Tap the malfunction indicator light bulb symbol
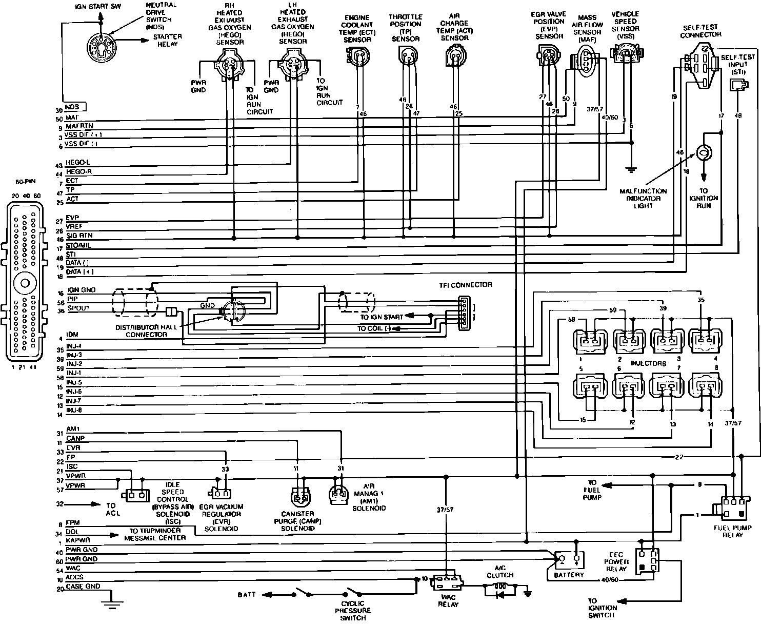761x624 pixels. [703, 152]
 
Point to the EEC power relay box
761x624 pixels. [647, 563]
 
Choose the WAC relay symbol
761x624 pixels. [448, 583]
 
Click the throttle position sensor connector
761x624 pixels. [408, 55]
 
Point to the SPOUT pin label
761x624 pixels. [78, 308]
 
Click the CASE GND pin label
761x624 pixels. [83, 587]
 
